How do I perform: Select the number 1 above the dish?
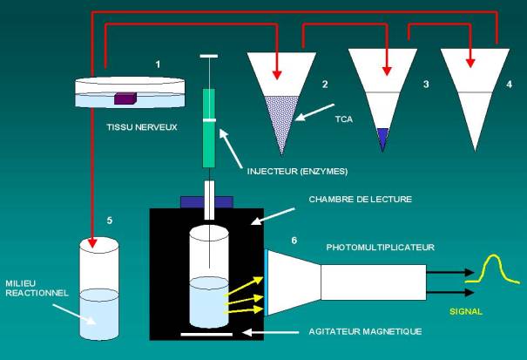point(158,65)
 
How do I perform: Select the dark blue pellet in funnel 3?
point(382,138)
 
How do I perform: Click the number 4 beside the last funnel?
point(510,85)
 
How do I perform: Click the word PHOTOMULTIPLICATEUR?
point(380,247)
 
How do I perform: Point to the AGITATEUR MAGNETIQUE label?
point(366,331)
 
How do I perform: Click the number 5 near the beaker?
point(109,221)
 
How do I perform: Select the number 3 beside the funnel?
point(425,85)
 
